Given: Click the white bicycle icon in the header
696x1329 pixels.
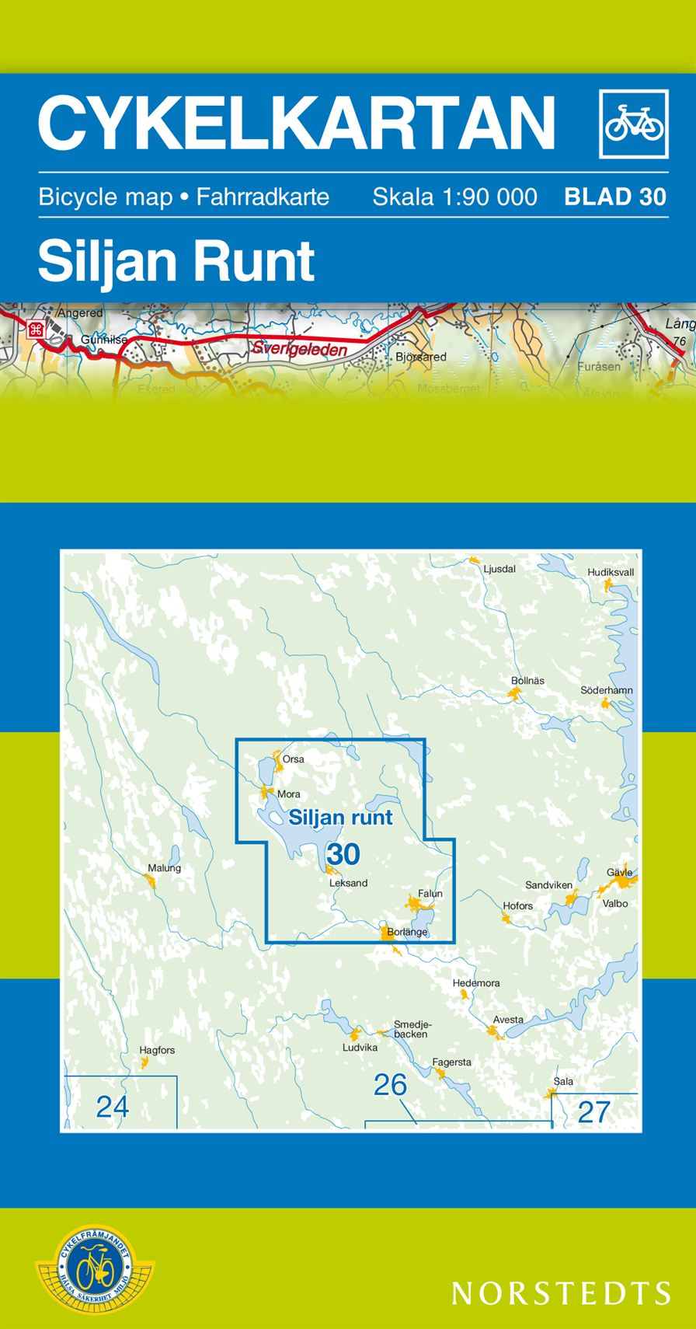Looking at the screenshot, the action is [634, 124].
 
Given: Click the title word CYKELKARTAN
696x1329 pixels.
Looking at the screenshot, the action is [296, 123].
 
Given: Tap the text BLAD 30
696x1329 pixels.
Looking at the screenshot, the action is [615, 197].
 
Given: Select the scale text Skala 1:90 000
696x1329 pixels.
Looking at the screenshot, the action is [454, 197].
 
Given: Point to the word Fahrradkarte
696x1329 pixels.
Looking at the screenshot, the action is [263, 197].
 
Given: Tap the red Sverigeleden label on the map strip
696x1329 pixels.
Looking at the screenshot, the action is [299, 350].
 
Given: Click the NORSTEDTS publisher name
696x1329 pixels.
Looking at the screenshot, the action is [561, 1293].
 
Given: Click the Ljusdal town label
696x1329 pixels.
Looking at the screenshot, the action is [499, 569].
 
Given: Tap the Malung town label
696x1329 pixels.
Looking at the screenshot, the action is [164, 868].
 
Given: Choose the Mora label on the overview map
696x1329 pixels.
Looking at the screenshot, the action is [288, 794].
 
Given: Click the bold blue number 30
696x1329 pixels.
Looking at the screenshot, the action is [343, 854].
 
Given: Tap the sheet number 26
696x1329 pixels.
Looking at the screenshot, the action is [390, 1085].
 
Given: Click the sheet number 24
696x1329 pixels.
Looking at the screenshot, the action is [112, 1106].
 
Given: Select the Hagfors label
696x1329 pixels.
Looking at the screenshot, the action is [157, 1050].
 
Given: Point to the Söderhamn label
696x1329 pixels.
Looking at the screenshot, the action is [607, 690].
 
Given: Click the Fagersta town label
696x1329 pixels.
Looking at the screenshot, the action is [451, 1062].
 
